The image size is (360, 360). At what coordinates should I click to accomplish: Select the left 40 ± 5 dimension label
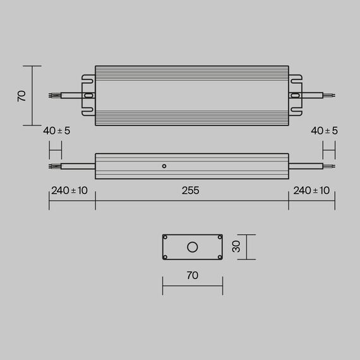click(56, 131)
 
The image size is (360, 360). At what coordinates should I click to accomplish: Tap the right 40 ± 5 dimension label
click(325, 131)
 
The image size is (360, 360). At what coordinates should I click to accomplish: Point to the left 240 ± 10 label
click(69, 191)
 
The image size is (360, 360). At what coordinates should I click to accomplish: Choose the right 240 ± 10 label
click(311, 191)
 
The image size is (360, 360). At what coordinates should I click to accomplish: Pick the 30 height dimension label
click(236, 247)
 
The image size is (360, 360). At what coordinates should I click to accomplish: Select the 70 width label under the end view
click(192, 275)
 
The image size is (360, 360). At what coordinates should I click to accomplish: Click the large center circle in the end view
click(192, 247)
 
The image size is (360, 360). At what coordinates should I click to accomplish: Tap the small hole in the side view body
click(164, 166)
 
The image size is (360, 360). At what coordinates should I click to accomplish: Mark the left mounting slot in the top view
click(88, 96)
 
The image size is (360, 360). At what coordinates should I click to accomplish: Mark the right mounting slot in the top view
click(295, 96)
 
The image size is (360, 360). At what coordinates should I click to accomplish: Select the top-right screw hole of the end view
click(219, 237)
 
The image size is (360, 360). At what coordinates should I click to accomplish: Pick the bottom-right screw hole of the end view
click(219, 256)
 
